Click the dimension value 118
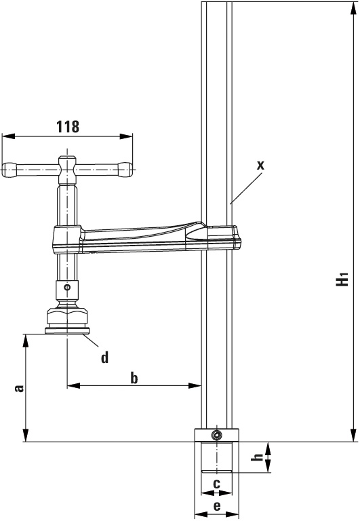[68, 126]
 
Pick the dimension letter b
[134, 378]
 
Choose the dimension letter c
[216, 484]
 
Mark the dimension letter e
[217, 506]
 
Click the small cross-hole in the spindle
[67, 288]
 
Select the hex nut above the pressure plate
[66, 317]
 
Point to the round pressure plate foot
[66, 331]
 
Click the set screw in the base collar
[216, 435]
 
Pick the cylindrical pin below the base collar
[217, 457]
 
